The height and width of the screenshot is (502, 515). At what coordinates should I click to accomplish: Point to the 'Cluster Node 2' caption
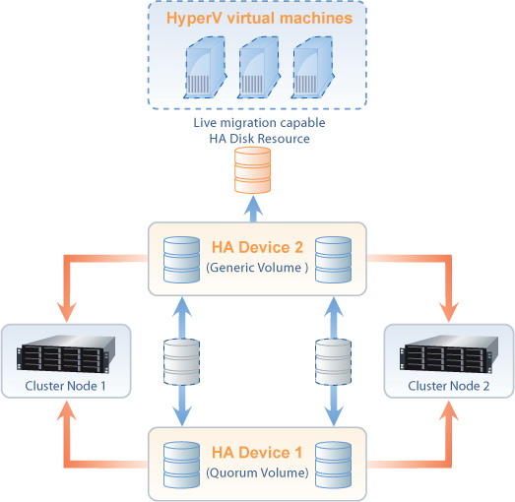[x=448, y=386]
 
